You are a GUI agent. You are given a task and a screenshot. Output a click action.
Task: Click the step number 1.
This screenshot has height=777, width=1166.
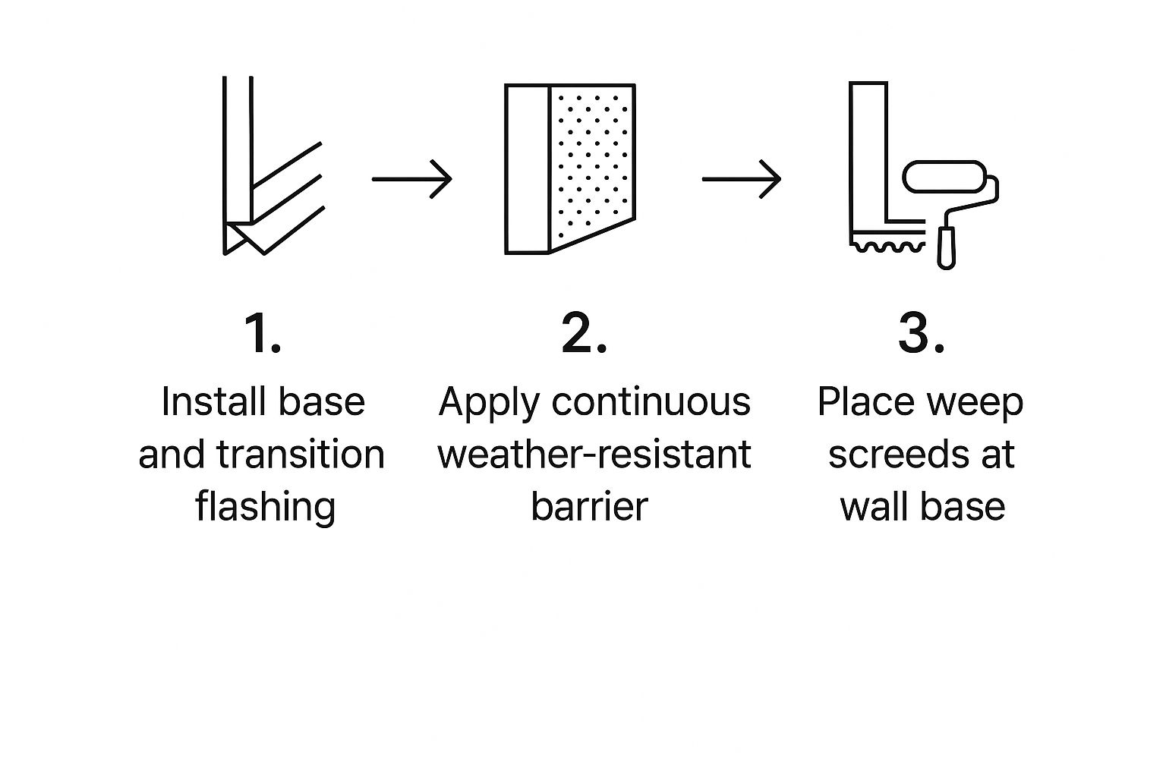click(x=263, y=334)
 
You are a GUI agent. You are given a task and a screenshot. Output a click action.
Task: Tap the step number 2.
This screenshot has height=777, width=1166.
click(x=584, y=334)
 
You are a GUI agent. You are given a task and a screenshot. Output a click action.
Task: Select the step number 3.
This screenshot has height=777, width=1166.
click(x=921, y=334)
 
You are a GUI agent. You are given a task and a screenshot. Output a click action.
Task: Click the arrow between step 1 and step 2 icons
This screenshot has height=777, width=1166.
click(x=411, y=179)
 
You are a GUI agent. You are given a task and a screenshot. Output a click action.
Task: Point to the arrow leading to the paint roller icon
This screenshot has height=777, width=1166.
click(x=741, y=179)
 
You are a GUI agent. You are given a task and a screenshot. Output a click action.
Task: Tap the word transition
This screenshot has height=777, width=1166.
click(x=301, y=455)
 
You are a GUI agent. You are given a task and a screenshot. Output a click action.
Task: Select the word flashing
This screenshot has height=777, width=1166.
click(x=265, y=506)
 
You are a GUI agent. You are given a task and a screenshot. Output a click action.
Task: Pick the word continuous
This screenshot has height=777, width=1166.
click(x=651, y=401)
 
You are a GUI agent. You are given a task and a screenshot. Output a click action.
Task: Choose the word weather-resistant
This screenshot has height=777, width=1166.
click(x=594, y=455)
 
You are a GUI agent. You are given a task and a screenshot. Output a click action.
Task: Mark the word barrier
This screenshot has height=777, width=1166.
click(x=589, y=506)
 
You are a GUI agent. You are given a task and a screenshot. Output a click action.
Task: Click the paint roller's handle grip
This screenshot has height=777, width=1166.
click(x=946, y=247)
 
